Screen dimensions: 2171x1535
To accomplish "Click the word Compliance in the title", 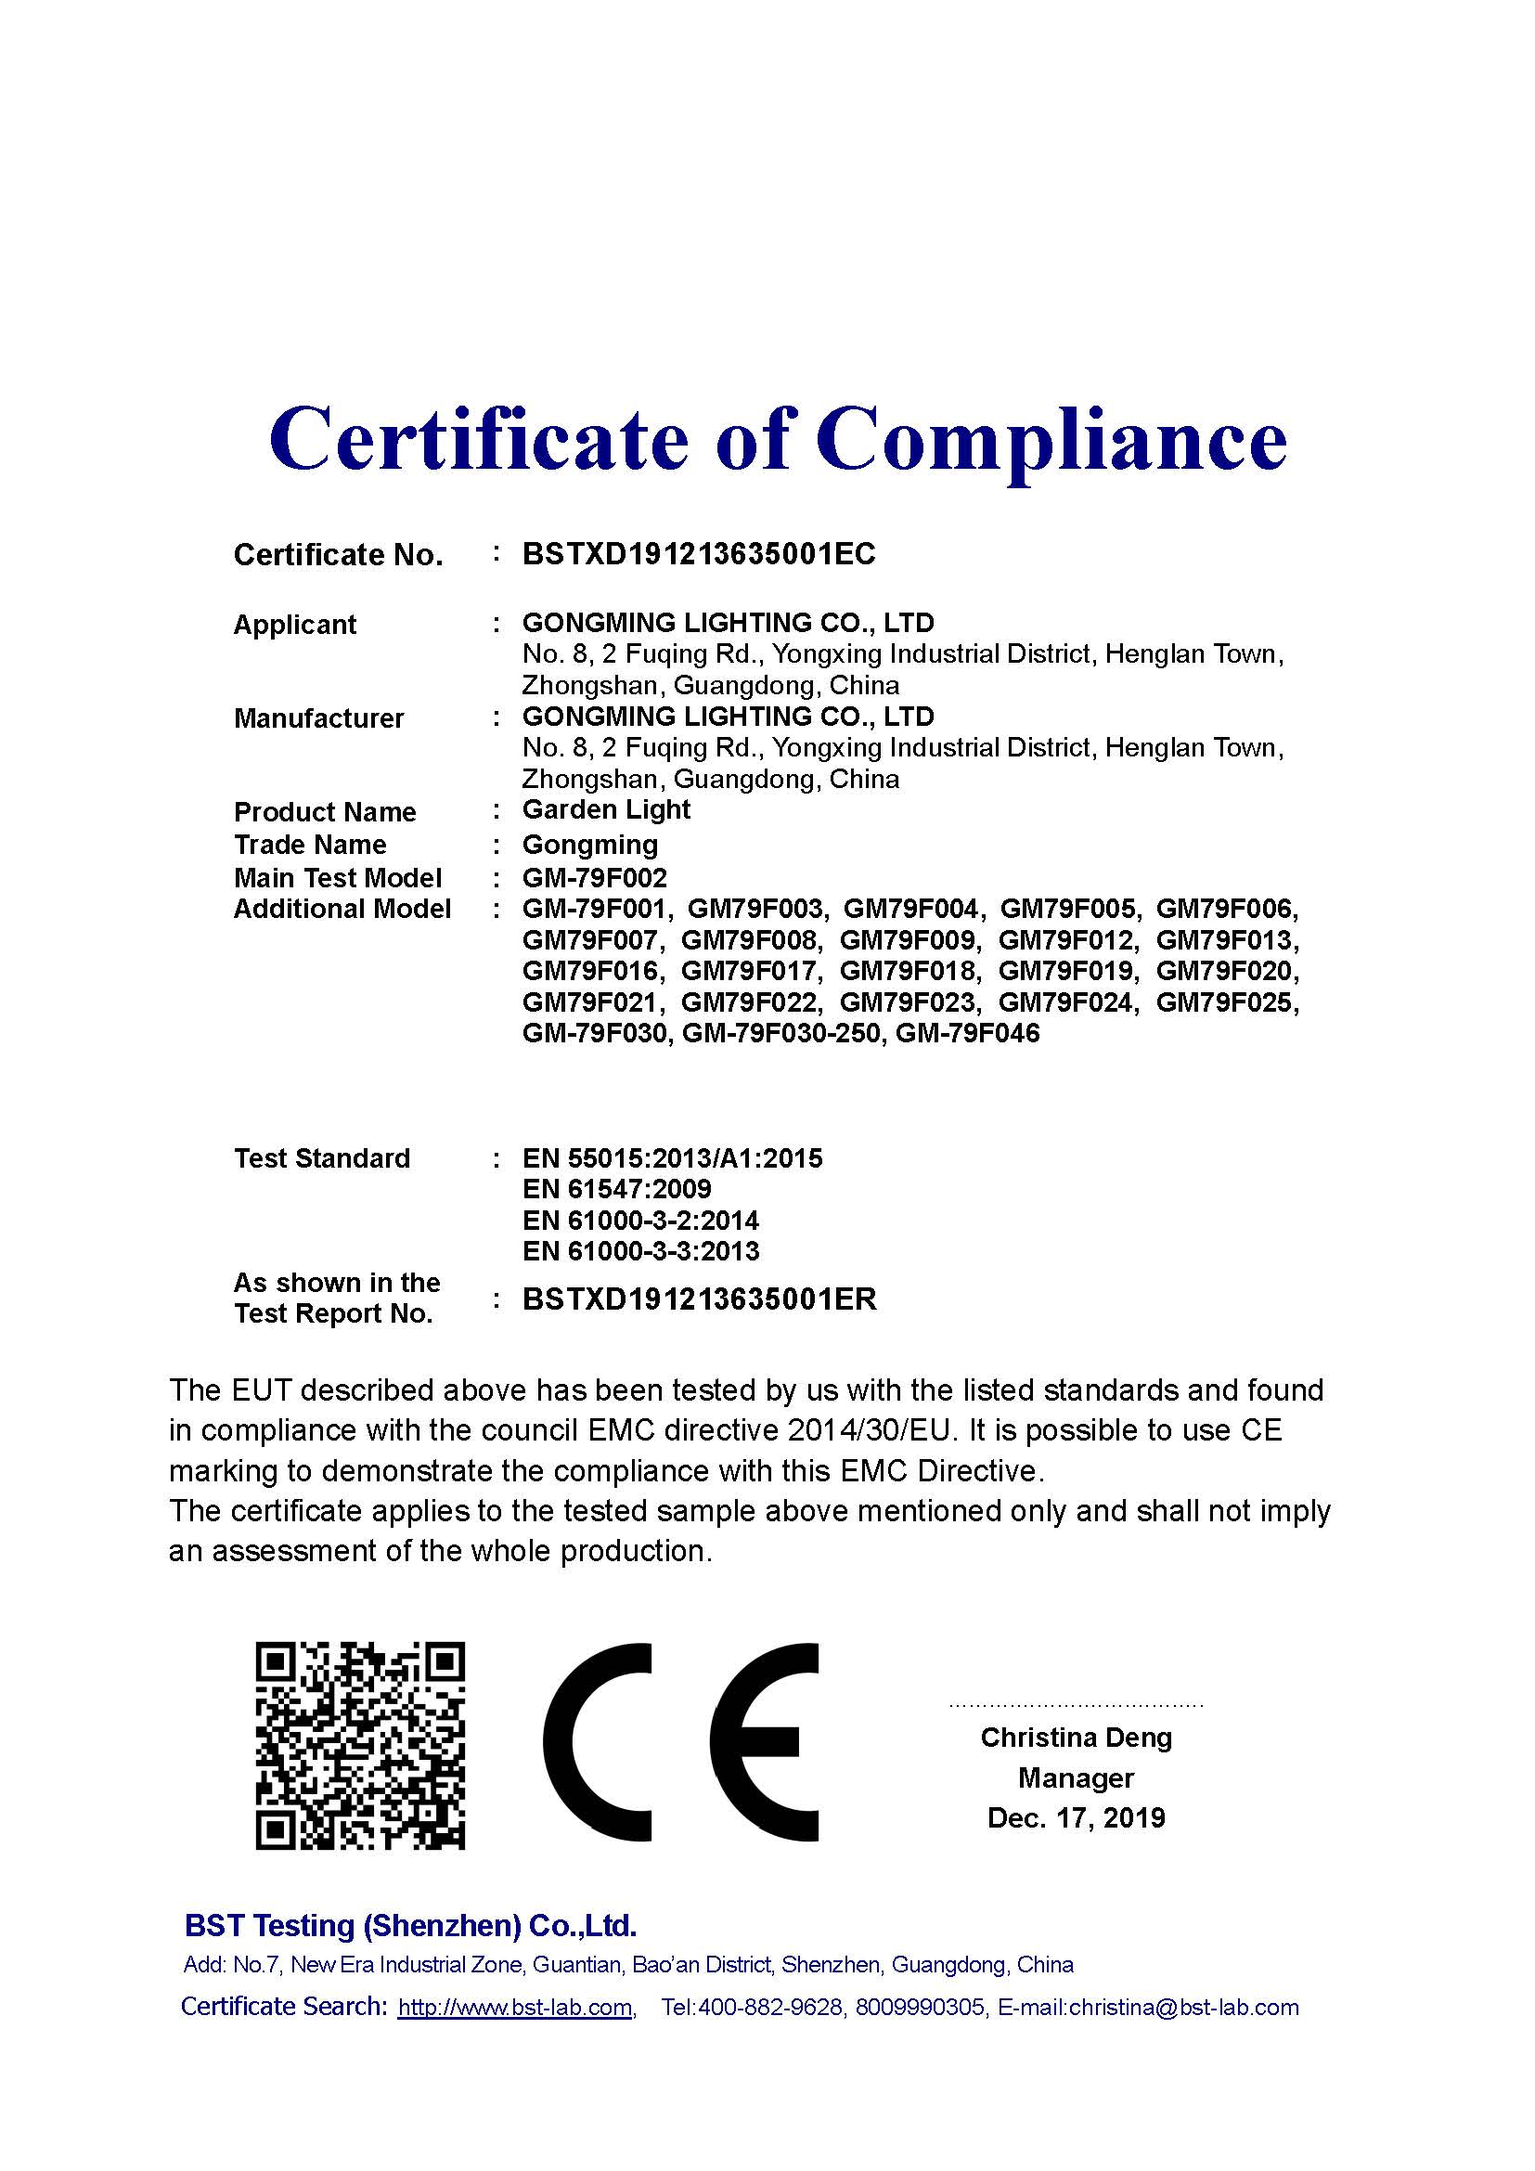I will tap(1051, 440).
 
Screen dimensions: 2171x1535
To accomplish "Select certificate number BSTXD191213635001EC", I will tap(699, 554).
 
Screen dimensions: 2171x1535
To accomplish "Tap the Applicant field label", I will tap(295, 625).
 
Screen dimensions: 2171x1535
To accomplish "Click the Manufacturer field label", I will tap(318, 718).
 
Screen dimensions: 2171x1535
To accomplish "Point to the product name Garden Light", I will tap(606, 810).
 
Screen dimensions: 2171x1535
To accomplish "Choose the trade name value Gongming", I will tap(590, 845).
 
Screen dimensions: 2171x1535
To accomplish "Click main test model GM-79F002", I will tap(595, 878).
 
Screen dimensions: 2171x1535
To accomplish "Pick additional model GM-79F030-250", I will tap(783, 1033).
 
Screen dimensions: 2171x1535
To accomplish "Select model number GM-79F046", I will tap(967, 1033).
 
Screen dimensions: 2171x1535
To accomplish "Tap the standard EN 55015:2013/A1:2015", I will tap(672, 1158).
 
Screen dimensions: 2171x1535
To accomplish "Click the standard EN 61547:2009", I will tap(616, 1190).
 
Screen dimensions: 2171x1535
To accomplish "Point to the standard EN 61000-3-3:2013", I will tap(641, 1252).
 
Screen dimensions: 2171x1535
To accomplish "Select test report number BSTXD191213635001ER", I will tap(700, 1299).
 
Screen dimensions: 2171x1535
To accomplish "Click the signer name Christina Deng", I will tap(1076, 1738).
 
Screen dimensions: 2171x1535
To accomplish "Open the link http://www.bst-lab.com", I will tap(515, 2008).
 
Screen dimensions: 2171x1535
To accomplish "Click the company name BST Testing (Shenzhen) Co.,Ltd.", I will tap(410, 1926).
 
